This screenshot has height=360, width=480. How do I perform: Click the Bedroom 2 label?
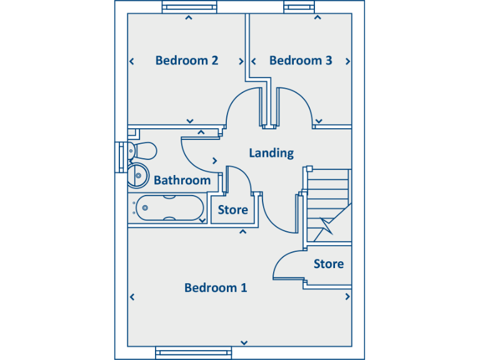pos(187,61)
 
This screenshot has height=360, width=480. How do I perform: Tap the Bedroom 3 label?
pos(301,61)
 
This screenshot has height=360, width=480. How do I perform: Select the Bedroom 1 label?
pos(216,287)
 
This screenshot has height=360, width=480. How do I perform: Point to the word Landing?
pos(271,153)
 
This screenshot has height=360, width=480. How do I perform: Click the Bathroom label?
pos(182,180)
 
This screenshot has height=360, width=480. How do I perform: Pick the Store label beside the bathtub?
pos(233,210)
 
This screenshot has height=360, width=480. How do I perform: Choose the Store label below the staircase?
pos(329,264)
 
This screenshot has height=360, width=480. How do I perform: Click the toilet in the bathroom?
pos(142,151)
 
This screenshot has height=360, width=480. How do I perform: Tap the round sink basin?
pos(138,176)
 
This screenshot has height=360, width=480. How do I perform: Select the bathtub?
pos(169,208)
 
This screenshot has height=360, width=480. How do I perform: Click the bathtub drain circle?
pos(145,208)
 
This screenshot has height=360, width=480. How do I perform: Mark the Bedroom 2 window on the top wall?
pos(189,7)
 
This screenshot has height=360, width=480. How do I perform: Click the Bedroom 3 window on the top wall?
pos(299,7)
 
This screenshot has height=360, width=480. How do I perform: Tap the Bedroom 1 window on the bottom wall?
pos(194,353)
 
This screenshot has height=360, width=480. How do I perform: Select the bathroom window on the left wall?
pos(121,157)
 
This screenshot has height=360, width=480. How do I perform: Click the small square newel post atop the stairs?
pos(309,169)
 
